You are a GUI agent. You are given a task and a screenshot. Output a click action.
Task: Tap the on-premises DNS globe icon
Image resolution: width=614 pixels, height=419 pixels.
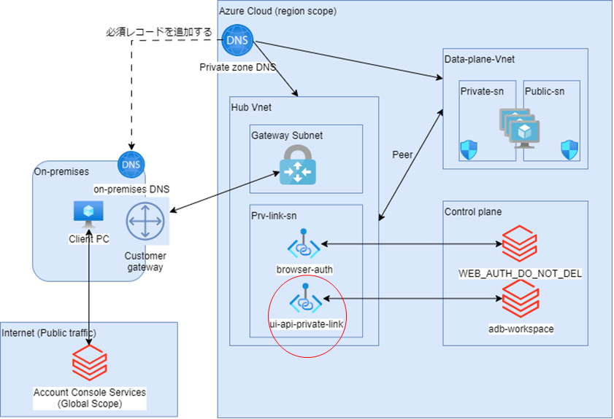[132, 165]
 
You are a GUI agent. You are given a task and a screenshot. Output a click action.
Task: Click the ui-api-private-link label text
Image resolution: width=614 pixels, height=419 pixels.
[306, 323]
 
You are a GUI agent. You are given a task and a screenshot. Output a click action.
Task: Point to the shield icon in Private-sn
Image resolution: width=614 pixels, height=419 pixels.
[469, 151]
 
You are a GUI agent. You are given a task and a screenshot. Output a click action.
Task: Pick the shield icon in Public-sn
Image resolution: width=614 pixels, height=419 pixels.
[569, 151]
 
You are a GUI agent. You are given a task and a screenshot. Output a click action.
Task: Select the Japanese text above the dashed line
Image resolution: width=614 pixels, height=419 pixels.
[159, 32]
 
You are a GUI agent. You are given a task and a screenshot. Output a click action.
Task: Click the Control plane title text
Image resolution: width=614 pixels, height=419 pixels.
[472, 212]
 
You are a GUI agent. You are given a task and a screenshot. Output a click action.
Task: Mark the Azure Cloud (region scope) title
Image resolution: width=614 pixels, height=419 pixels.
[278, 12]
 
